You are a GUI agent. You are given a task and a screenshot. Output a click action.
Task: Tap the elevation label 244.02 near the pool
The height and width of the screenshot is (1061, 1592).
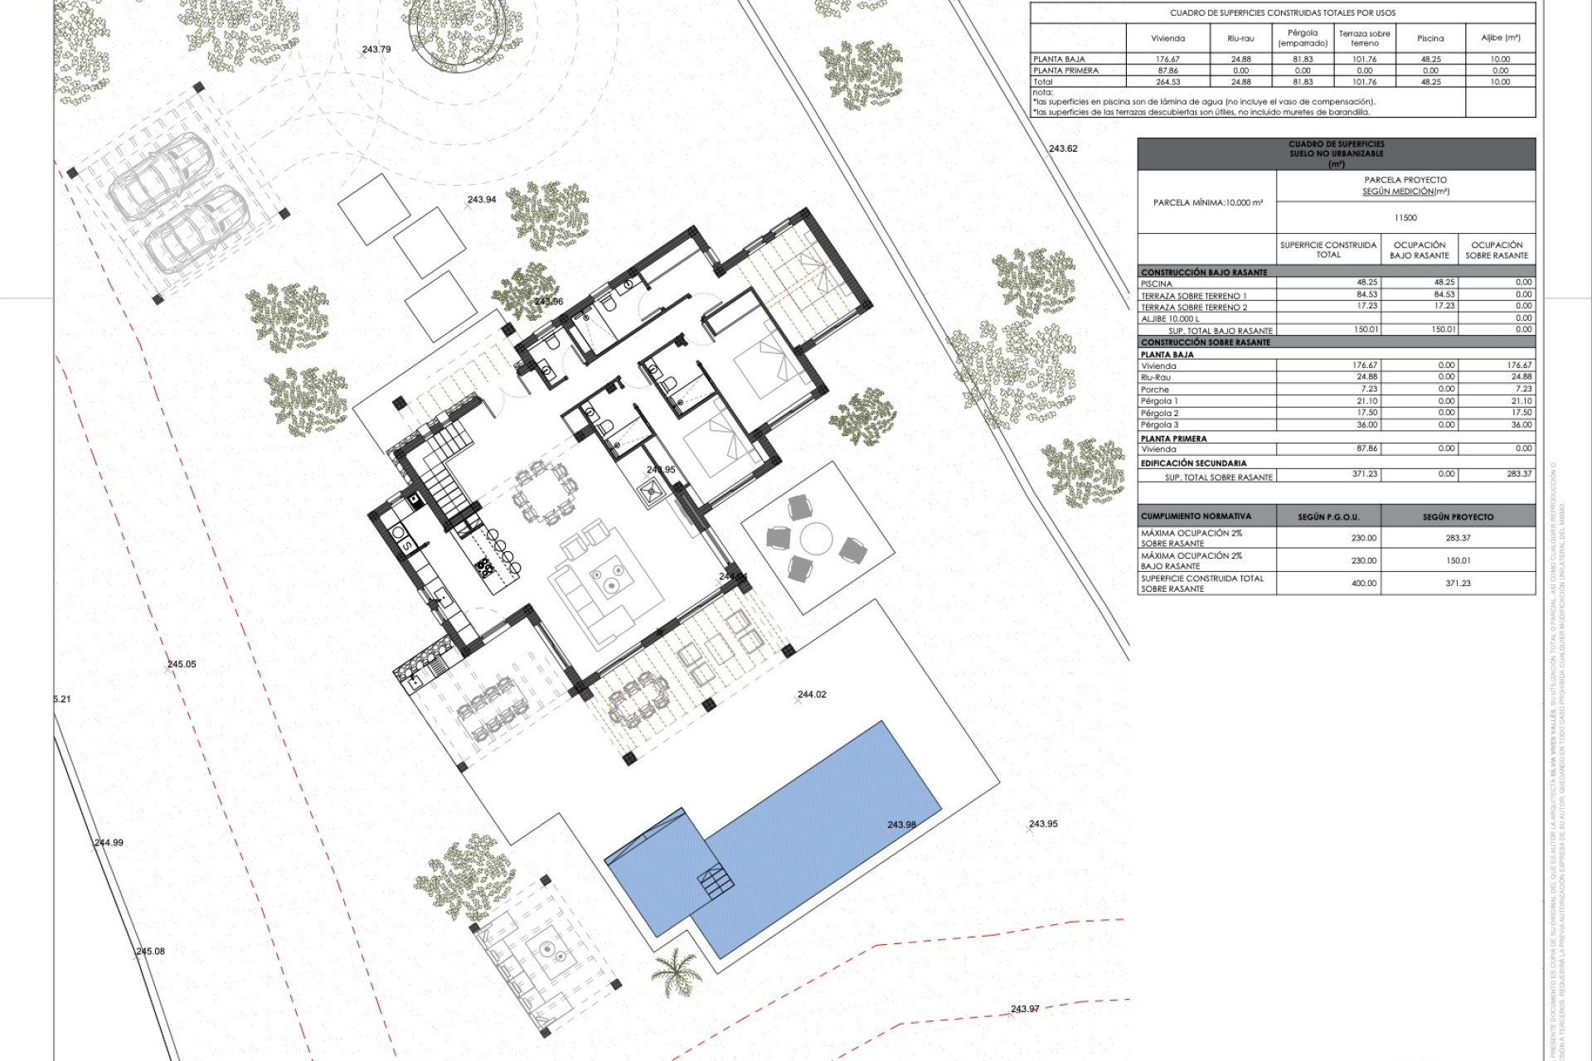812,695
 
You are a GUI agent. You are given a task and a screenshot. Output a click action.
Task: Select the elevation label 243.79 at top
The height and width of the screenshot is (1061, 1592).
376,50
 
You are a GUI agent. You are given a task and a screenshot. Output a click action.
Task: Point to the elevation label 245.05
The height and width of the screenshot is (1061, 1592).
182,664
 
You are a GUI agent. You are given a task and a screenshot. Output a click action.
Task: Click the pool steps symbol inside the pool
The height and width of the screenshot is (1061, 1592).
716,881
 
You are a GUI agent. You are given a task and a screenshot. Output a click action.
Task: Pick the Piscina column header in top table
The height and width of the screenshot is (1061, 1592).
1430,38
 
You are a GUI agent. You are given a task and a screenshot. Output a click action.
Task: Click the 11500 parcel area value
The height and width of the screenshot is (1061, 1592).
1405,218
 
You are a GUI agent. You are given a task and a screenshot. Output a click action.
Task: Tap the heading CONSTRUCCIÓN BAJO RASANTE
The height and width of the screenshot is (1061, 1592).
1204,272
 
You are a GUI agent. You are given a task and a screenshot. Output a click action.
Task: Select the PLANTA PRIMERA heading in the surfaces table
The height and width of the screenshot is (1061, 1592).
1173,438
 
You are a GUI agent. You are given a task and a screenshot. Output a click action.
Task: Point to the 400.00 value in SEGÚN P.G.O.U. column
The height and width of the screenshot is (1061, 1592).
1363,584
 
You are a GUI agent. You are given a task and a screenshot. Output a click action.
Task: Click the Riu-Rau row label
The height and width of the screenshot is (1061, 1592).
1156,377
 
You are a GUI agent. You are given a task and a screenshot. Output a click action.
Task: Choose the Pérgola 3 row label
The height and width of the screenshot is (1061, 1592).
1159,424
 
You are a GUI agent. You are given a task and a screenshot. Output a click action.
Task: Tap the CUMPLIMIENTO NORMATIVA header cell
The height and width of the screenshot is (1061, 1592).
1196,516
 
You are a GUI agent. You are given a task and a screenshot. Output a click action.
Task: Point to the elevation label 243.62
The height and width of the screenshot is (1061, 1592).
1063,149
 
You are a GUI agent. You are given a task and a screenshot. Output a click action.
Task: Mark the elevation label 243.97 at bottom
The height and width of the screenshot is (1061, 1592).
1025,1009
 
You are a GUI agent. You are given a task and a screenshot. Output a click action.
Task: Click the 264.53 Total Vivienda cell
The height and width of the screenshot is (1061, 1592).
1167,82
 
